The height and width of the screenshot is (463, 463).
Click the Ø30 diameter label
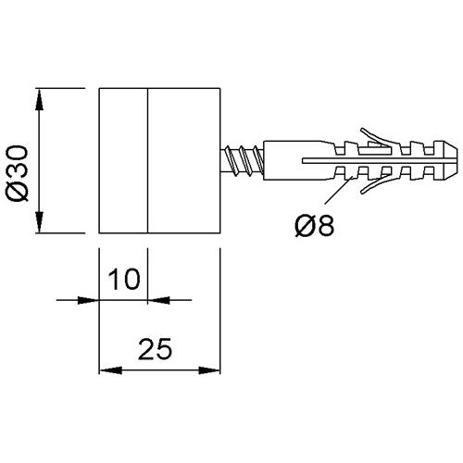18,173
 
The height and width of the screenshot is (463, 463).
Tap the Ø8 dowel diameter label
315,226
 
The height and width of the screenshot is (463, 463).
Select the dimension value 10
124,279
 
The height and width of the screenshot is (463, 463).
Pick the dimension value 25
155,349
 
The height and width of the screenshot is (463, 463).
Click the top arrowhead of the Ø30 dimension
39,99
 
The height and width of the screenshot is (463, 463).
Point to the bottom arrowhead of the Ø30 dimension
39,222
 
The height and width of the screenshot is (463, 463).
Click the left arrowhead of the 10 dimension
88,300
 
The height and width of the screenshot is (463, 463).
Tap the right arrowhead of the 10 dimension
158,300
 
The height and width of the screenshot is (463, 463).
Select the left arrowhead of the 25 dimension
110,370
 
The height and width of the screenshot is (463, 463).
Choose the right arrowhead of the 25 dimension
209,370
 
